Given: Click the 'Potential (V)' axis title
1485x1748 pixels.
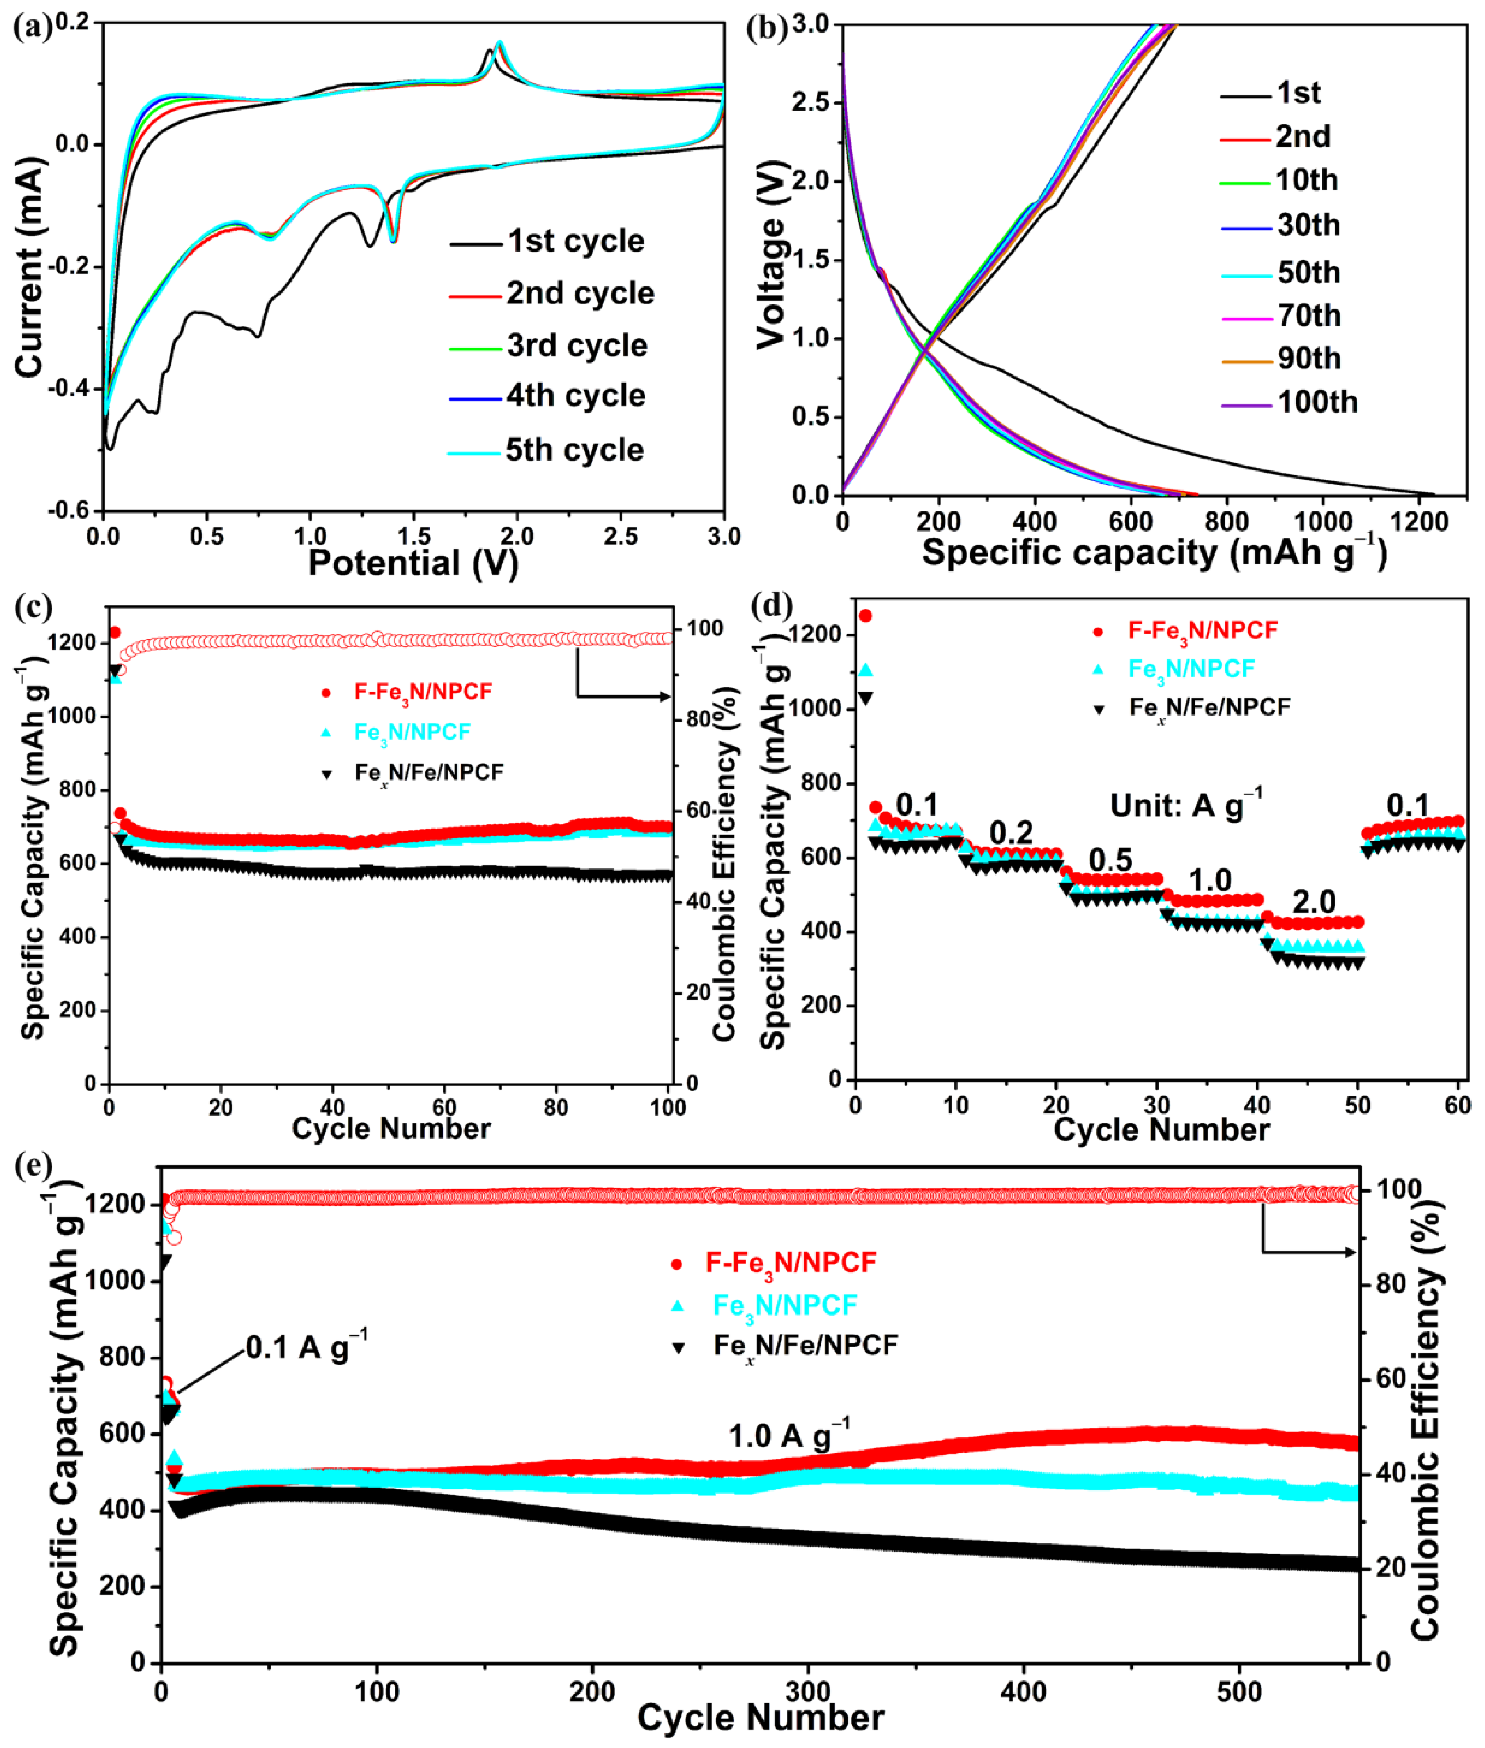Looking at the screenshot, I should [x=412, y=563].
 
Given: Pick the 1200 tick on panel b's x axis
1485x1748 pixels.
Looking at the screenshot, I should [x=1418, y=522].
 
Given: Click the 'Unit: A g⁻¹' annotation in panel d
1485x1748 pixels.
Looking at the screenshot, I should [x=1185, y=805].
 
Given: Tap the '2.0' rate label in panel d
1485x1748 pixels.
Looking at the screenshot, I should [x=1313, y=902].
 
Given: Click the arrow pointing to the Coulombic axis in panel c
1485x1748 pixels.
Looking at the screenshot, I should [x=623, y=695].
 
